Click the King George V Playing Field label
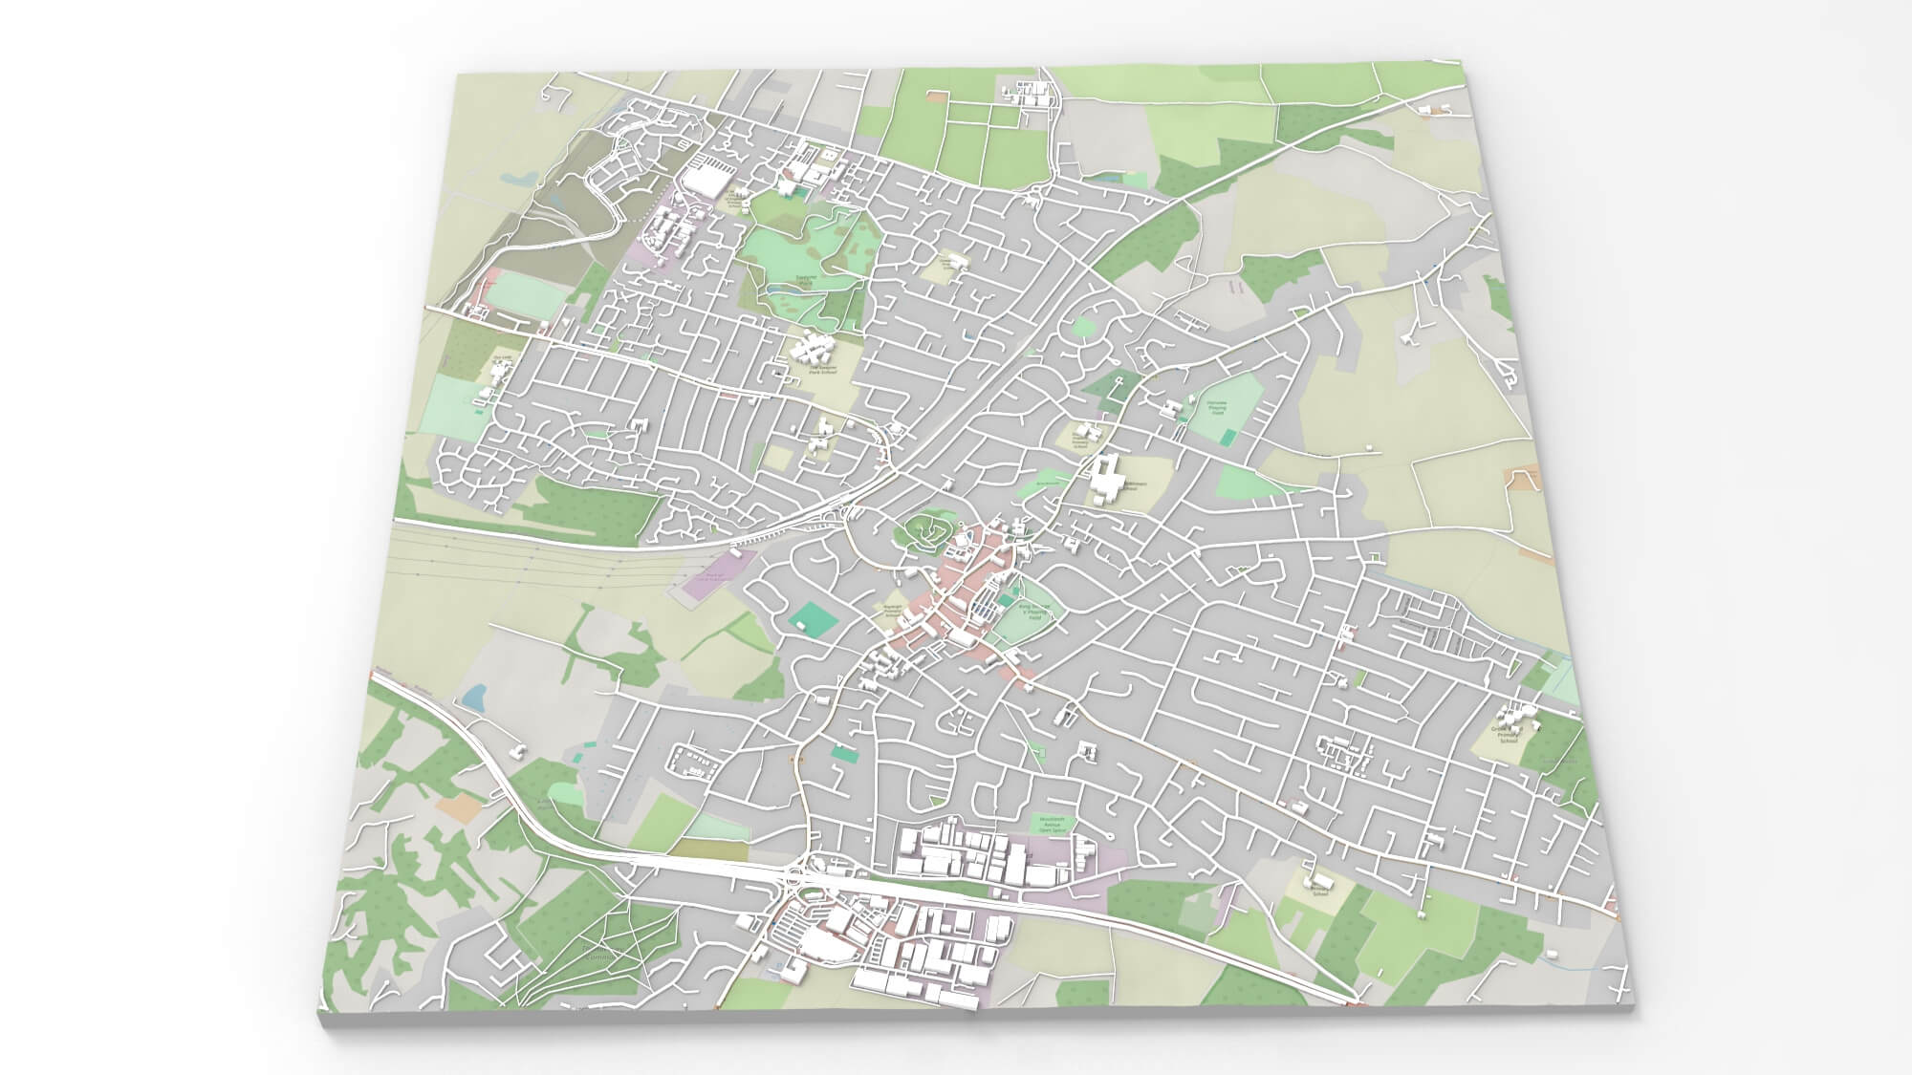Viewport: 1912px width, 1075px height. [x=1036, y=613]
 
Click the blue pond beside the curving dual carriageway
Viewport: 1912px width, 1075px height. [x=472, y=696]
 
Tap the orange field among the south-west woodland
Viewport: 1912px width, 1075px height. [x=457, y=807]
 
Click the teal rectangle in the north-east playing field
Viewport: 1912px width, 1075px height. [x=1227, y=437]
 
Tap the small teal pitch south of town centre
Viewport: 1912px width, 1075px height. [x=845, y=754]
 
